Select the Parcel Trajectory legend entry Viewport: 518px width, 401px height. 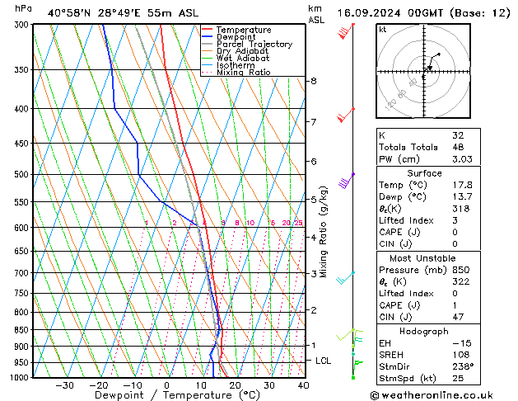[x=254, y=45]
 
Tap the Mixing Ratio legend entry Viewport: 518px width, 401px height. [x=244, y=73]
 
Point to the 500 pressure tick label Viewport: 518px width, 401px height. [x=23, y=175]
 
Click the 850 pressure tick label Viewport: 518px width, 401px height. [x=23, y=330]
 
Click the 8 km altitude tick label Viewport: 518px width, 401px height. [x=313, y=81]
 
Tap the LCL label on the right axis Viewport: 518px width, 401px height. [x=324, y=361]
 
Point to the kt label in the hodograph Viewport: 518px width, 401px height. [x=382, y=29]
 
